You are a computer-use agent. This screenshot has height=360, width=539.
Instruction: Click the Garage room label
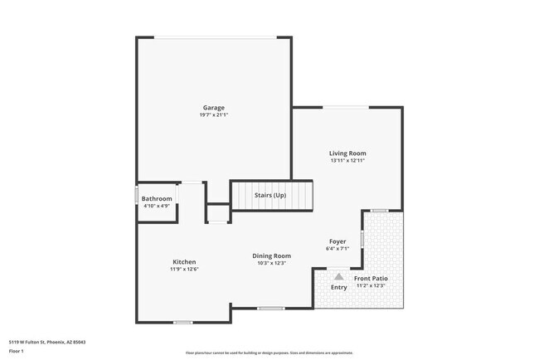[x=214, y=108]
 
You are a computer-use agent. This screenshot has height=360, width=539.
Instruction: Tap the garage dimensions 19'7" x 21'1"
[x=214, y=115]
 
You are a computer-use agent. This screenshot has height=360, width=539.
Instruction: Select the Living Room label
[x=347, y=153]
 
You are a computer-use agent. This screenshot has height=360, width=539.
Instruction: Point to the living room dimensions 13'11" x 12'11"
[x=347, y=161]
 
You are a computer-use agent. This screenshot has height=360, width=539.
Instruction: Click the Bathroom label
[x=157, y=198]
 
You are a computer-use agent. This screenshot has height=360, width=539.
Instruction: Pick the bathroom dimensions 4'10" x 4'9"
[x=157, y=206]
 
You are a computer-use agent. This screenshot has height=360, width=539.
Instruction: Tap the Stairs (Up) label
[x=270, y=195]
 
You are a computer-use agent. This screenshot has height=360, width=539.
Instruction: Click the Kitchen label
[x=184, y=262]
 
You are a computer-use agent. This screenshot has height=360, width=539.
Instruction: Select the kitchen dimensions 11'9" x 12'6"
[x=184, y=270]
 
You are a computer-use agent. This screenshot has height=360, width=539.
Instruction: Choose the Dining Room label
[x=271, y=255]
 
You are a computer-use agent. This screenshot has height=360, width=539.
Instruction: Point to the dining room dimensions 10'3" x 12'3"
[x=271, y=263]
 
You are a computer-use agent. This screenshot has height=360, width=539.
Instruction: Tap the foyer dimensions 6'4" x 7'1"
[x=338, y=248]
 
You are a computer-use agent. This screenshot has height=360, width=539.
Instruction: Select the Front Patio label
[x=371, y=278]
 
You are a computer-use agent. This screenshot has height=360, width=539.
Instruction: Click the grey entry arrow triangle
[x=338, y=276]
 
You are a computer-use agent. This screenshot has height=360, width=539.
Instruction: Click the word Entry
[x=339, y=287]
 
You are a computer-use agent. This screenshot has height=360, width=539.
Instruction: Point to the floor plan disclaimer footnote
[x=269, y=352]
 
